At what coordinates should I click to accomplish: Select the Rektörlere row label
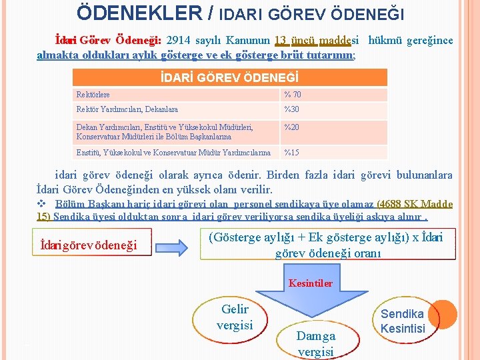click(93, 95)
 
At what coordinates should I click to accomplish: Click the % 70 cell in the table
click(293, 95)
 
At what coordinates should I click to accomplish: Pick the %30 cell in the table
click(291, 109)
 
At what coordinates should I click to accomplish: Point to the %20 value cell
click(291, 127)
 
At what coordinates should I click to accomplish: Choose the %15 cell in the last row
click(291, 153)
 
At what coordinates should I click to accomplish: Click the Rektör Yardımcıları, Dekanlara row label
click(127, 109)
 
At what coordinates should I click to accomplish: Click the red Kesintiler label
click(310, 283)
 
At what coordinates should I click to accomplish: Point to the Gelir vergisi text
click(234, 317)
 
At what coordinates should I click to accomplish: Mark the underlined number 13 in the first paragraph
click(281, 41)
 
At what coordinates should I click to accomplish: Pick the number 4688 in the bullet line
click(391, 204)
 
